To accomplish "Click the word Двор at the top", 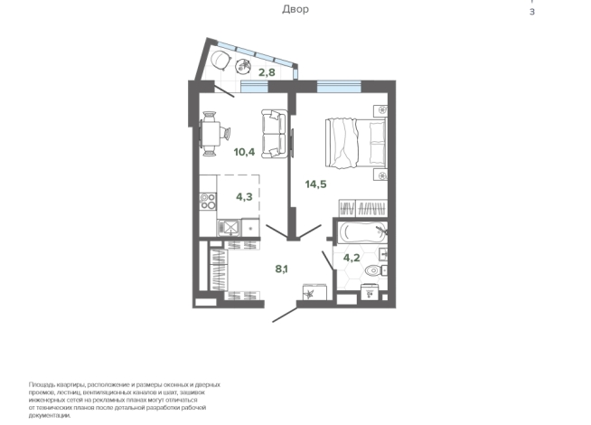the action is (295, 9).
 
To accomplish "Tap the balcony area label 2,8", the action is (267, 72).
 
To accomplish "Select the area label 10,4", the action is (244, 152).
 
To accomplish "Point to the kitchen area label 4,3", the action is (244, 196).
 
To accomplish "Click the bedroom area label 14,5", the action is (316, 184).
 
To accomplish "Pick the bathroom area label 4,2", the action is (352, 258).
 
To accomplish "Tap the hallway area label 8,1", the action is (282, 269).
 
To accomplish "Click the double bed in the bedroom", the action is (356, 143).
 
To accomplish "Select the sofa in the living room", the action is (274, 134).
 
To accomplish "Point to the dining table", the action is (211, 134).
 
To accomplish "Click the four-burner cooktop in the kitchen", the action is (208, 202).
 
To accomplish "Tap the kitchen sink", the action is (229, 227).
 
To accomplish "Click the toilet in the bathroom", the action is (375, 270).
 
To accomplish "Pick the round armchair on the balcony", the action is (220, 61).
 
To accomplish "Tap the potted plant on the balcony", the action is (243, 66).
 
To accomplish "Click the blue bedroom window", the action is (339, 87).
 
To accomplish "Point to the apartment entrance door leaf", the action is (285, 315).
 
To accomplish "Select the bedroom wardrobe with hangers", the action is (362, 208).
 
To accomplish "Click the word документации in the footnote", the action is (50, 415).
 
